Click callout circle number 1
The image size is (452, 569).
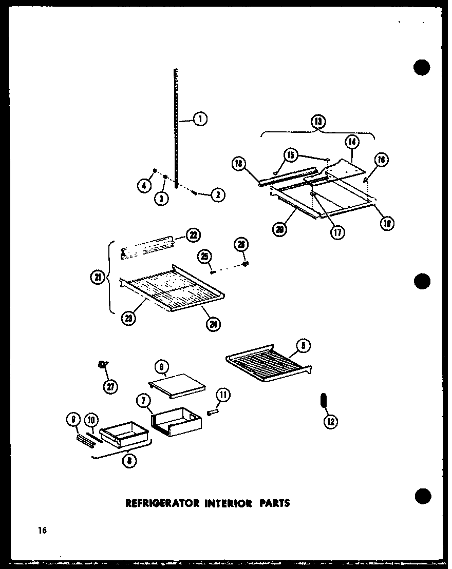pos(200,120)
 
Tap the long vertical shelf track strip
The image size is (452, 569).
pos(176,128)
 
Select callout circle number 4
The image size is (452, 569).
pos(145,186)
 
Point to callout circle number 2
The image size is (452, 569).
pos(218,195)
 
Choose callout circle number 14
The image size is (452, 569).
pos(351,142)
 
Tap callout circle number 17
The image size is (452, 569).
pos(337,231)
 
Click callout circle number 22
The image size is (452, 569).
pos(193,235)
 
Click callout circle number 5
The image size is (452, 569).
pos(303,345)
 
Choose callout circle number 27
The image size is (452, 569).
pos(109,386)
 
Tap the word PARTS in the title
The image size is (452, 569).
pos(273,503)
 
